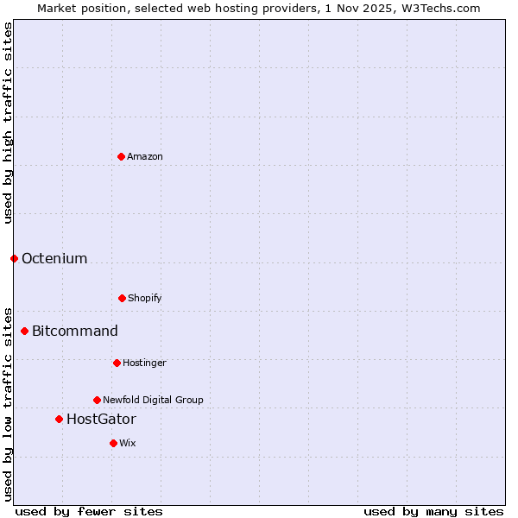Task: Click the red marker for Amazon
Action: tap(121, 156)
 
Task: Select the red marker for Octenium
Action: tap(14, 258)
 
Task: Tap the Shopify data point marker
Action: tap(122, 298)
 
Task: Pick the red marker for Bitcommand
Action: tap(24, 331)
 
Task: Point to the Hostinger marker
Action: tap(117, 363)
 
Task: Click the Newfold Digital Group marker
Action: tap(97, 400)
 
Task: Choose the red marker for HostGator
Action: tap(59, 419)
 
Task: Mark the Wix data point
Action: tap(113, 443)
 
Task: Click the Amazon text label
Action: tap(145, 156)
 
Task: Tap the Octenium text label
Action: tap(54, 258)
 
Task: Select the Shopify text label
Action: tap(145, 298)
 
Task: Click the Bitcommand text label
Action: tap(75, 331)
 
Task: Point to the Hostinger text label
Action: tap(144, 363)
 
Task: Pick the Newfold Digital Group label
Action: tap(153, 400)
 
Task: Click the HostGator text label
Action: tap(101, 419)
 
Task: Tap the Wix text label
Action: tap(128, 443)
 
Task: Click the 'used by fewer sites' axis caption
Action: tap(89, 511)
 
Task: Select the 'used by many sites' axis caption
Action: tap(433, 511)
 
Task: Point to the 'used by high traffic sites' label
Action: tap(8, 123)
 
